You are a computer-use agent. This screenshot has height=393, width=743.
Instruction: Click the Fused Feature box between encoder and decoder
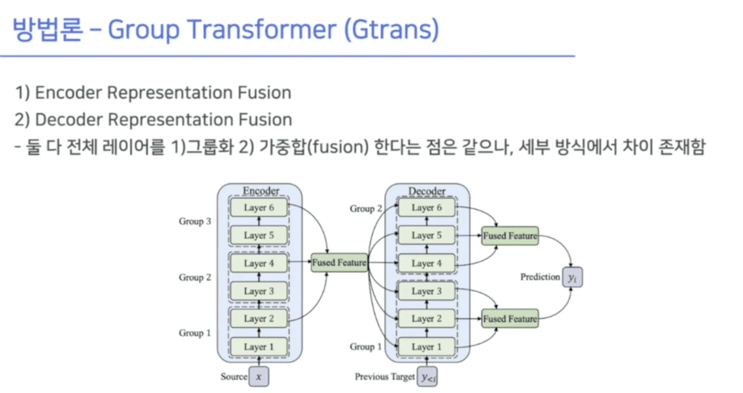pyautogui.click(x=339, y=263)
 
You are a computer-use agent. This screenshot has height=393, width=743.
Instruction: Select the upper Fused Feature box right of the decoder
pyautogui.click(x=510, y=235)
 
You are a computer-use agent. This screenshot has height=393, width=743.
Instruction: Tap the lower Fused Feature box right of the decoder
pyautogui.click(x=510, y=319)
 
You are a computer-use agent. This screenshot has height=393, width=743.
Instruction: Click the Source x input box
pyautogui.click(x=258, y=377)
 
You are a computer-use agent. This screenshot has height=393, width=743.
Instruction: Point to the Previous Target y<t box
pyautogui.click(x=428, y=377)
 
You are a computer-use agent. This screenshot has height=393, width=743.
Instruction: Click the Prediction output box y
pyautogui.click(x=572, y=277)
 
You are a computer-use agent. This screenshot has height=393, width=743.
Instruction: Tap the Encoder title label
pyautogui.click(x=260, y=192)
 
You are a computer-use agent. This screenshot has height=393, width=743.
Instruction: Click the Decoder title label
pyautogui.click(x=427, y=192)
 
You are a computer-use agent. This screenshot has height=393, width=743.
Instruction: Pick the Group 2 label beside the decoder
pyautogui.click(x=366, y=208)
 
